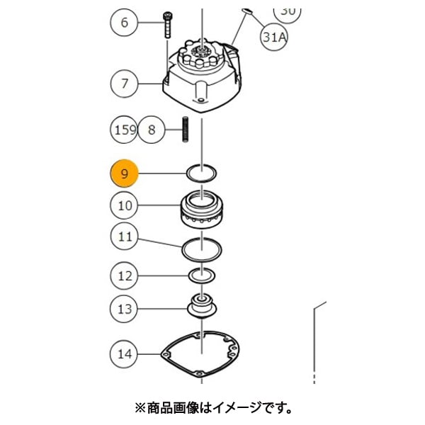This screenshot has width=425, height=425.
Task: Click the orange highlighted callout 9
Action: point(125,174)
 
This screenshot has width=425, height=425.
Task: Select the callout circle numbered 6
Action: point(125,23)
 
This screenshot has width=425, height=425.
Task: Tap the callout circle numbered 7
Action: point(125,84)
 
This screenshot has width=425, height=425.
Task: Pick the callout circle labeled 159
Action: point(125,130)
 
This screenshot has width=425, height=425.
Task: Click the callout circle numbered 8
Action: point(151,130)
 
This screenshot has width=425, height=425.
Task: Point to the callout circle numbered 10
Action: point(125,206)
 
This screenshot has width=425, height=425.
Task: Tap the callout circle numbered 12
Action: point(125,276)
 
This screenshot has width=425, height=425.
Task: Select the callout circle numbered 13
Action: point(125,308)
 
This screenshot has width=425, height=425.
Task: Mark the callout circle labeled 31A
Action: point(274,38)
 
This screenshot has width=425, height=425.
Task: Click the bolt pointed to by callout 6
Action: point(169,25)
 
